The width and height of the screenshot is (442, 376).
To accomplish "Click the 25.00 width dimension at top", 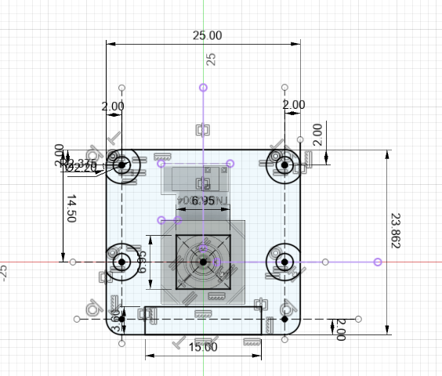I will pos(208,35).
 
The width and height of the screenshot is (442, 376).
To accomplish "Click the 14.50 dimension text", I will pos(71,209).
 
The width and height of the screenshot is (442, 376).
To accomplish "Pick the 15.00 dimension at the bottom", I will pos(204,347).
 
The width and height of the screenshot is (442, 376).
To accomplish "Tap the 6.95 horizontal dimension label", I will pos(203,201).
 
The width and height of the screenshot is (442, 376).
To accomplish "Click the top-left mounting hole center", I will pos(121,165).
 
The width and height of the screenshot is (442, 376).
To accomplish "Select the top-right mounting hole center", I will pos(284,165).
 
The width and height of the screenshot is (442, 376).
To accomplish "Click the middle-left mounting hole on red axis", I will pos(121,262).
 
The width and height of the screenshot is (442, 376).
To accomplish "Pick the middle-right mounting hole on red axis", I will pos(284,262).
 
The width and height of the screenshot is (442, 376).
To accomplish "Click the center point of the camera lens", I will pos(203,262).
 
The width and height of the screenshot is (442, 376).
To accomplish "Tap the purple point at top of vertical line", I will pos(203,87).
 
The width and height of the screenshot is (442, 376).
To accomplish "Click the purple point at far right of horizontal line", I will pos(378,262).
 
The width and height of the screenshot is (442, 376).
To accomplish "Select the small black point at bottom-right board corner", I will pos(284,320).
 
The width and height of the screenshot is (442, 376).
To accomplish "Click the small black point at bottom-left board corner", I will pos(121,320).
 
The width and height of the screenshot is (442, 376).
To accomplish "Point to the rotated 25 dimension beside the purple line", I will pos(210,59).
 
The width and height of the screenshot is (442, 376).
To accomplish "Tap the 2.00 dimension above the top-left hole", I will pos(112,106).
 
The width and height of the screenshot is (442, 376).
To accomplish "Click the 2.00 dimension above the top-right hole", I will pos(294,105).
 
